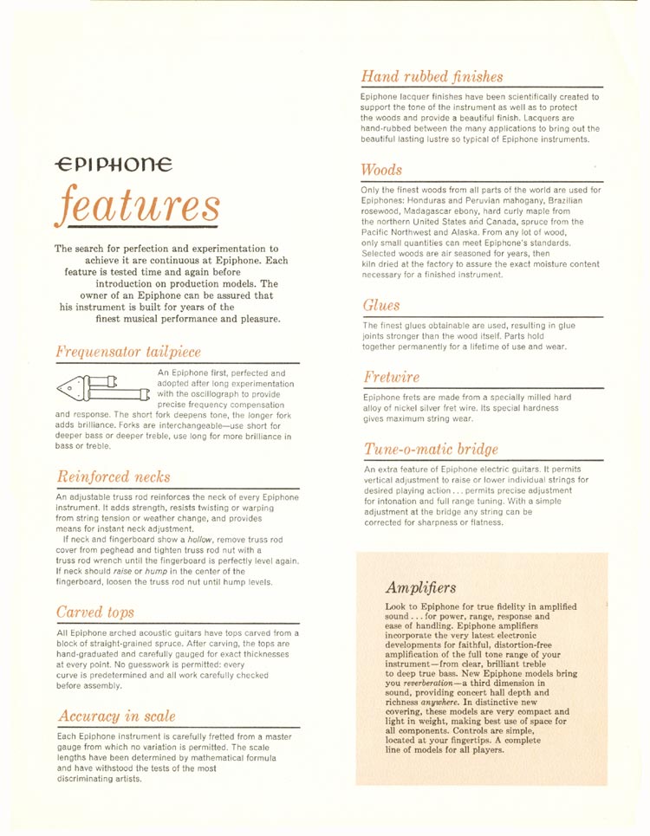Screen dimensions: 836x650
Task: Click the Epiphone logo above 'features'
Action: (113, 163)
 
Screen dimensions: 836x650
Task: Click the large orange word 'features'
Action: (139, 205)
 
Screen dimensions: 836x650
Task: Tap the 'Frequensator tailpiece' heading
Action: (127, 352)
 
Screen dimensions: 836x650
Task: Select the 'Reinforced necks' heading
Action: (113, 476)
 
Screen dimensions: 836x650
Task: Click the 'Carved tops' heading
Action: (95, 612)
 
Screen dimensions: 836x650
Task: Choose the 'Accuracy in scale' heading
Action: (116, 716)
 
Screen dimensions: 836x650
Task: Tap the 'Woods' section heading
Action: (382, 169)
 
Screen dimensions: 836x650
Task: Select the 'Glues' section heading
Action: (381, 305)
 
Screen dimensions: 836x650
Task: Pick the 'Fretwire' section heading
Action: (392, 378)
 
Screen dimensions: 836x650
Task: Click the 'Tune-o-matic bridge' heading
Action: (431, 449)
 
